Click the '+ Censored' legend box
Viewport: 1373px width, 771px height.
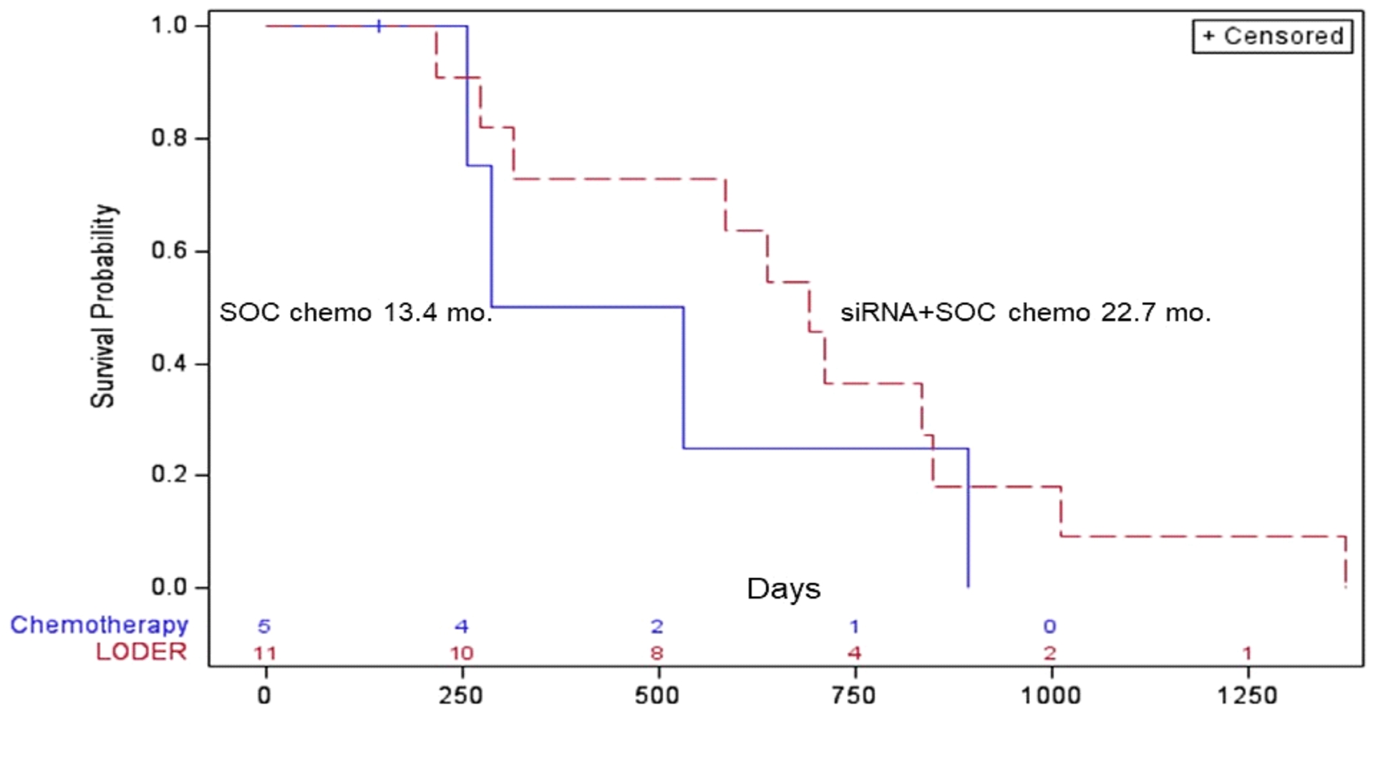coord(1272,36)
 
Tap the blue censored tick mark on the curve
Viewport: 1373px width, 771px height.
coord(379,26)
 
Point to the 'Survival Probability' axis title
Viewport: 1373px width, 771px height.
coord(103,306)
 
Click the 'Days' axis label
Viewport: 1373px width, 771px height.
coord(783,589)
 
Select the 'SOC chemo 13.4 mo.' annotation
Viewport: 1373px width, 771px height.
coord(356,313)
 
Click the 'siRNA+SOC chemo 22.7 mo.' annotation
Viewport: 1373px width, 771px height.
coord(1025,313)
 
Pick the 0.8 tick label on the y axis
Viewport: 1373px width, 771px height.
coord(169,137)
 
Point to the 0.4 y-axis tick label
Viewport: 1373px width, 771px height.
coord(169,363)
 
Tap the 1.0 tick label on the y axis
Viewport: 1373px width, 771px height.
coord(169,25)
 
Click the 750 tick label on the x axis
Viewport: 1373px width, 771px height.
coord(854,695)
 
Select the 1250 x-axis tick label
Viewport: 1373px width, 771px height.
coord(1247,695)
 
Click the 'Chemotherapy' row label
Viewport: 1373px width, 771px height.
coord(99,624)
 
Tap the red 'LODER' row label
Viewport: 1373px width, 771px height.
coord(141,652)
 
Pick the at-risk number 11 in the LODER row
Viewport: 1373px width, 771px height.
coord(264,653)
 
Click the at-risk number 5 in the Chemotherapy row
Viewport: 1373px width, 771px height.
coord(264,627)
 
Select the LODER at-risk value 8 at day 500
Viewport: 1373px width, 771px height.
coord(656,653)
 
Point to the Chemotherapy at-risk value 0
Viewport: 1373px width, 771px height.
coord(1049,627)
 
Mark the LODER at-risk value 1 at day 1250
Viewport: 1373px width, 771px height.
coord(1247,653)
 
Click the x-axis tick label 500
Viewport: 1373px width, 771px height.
coord(656,695)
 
